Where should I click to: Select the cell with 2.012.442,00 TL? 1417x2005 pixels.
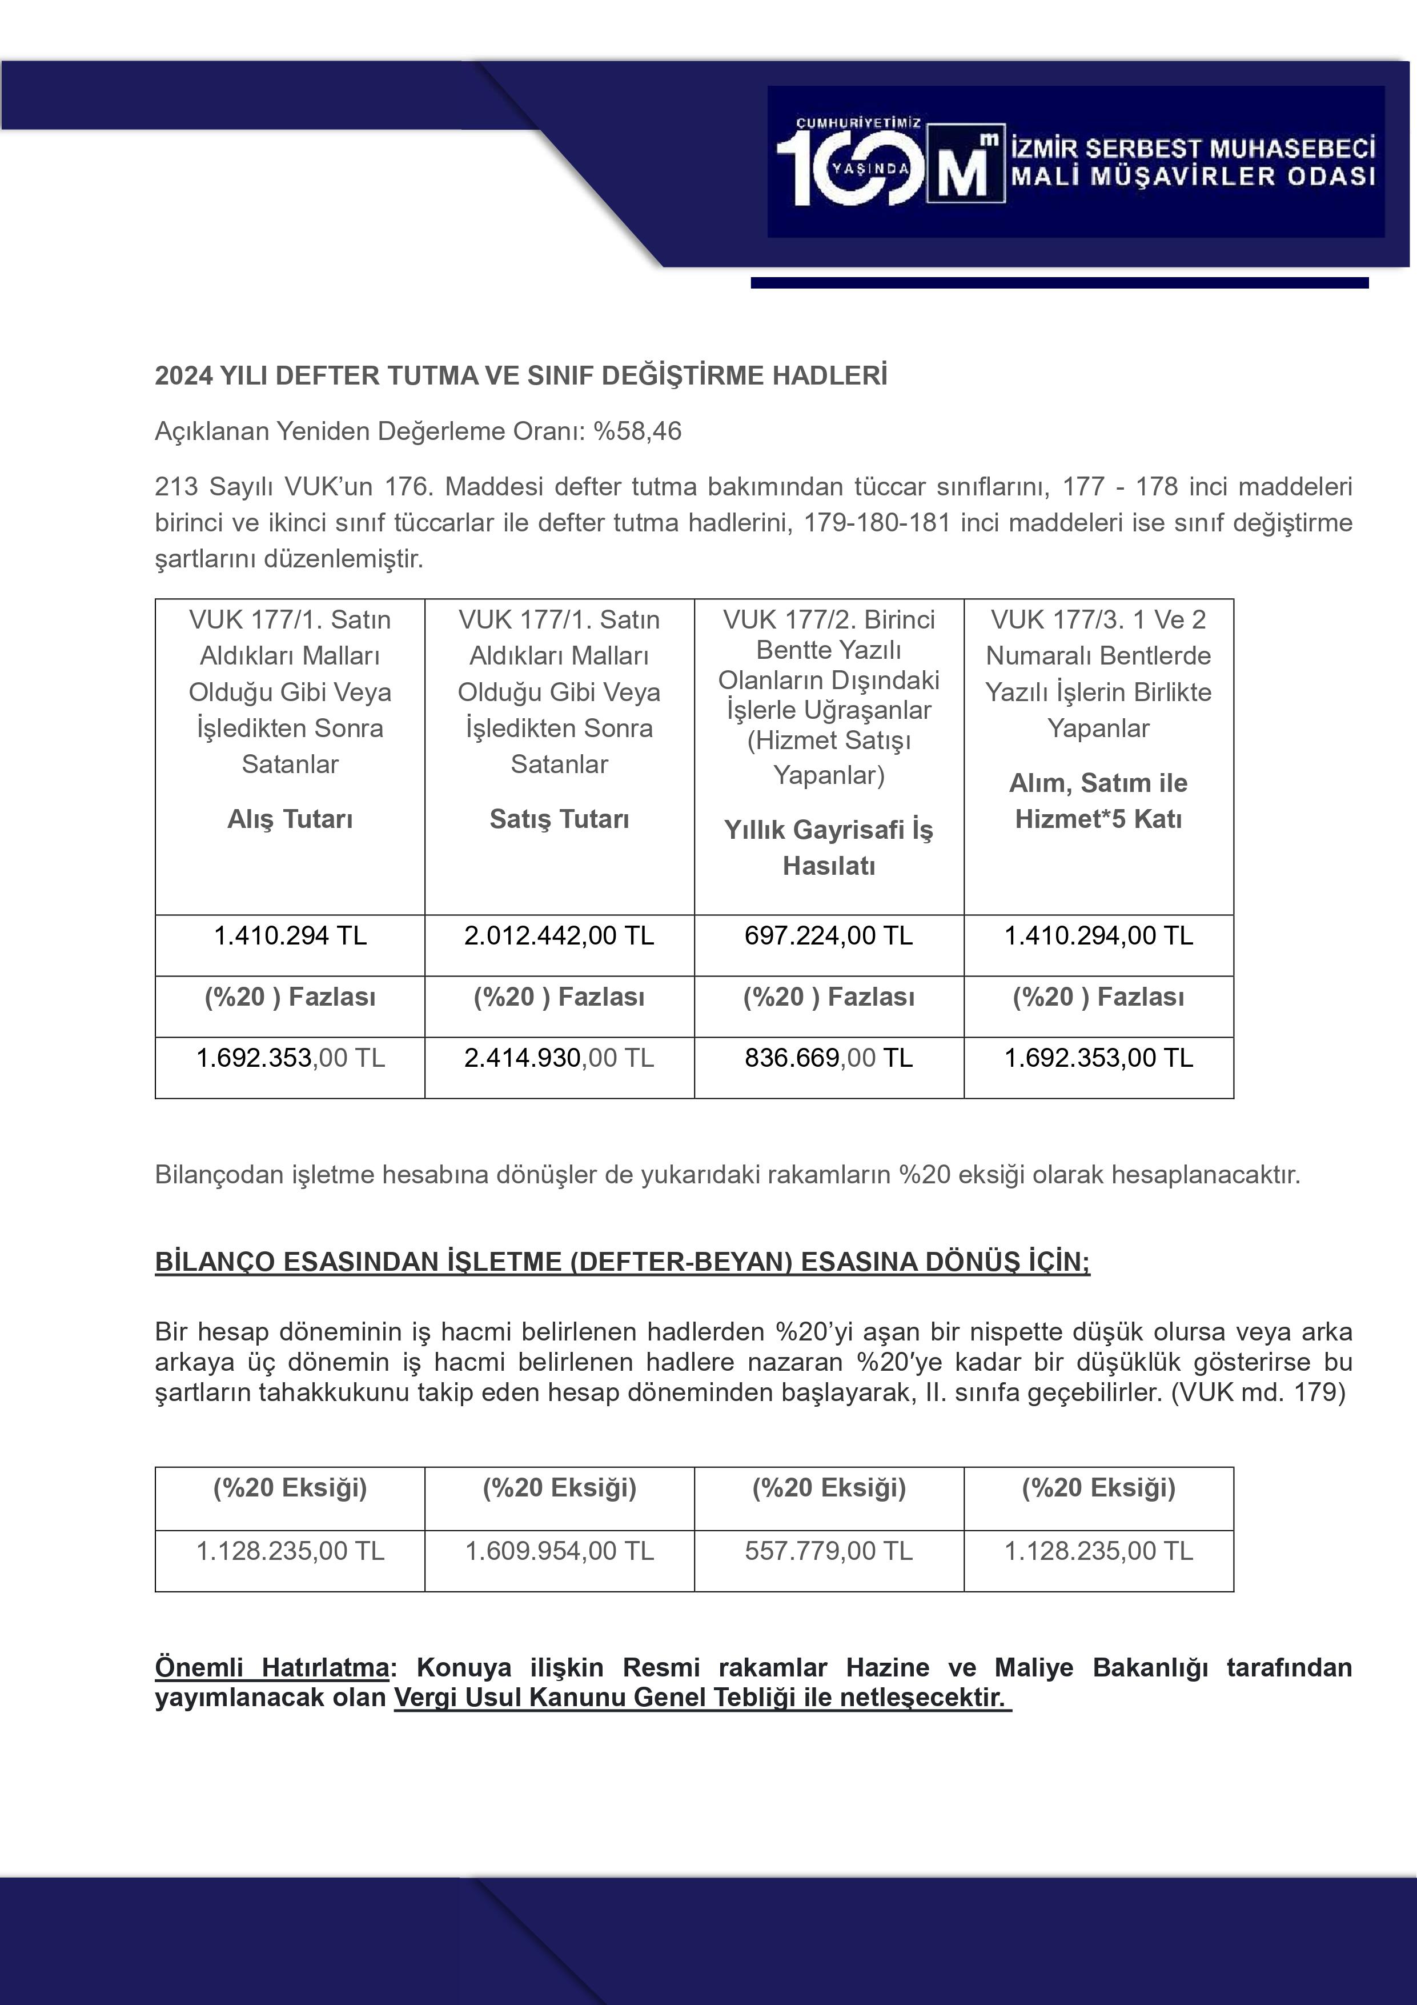pos(559,936)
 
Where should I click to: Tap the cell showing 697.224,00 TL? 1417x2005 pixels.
pos(829,936)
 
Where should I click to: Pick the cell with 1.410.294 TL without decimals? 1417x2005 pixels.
pos(290,936)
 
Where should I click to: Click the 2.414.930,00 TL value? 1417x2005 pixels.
pos(559,1058)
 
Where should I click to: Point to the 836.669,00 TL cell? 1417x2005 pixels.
pos(829,1058)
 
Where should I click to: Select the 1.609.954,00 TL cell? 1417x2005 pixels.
pos(559,1551)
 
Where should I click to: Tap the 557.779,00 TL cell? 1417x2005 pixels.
pos(829,1551)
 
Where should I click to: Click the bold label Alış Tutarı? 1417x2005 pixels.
pos(290,819)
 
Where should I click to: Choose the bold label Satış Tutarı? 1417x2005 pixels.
pos(559,819)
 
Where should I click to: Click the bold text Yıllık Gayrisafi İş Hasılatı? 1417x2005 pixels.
pos(829,847)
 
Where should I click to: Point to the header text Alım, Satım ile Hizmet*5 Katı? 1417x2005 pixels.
pos(1098,801)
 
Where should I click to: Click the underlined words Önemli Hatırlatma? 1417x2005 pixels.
pos(271,1667)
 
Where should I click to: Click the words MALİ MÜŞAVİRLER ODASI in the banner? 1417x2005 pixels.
pos(1193,177)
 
